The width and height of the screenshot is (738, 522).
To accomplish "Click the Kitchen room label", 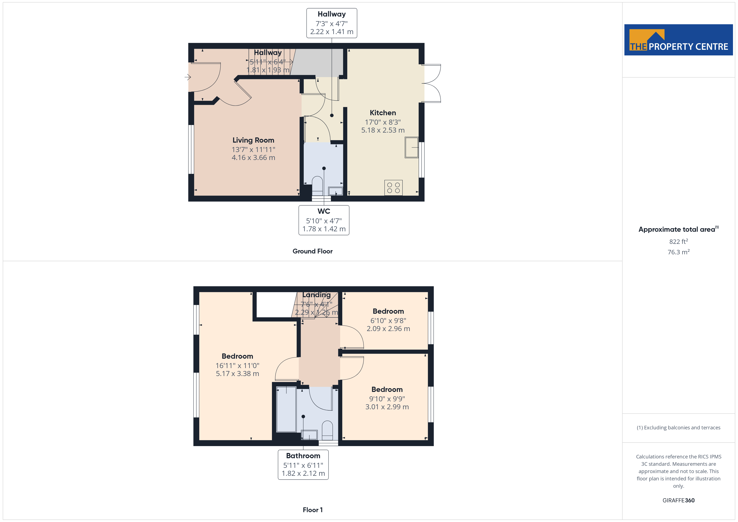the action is pyautogui.click(x=383, y=113).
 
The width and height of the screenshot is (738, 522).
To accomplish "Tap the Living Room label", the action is pyautogui.click(x=253, y=140).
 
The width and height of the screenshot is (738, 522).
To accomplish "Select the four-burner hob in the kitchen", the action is pyautogui.click(x=393, y=188).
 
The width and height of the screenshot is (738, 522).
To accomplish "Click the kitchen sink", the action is pyautogui.click(x=411, y=147).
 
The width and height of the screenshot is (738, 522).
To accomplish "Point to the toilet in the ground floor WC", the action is pyautogui.click(x=317, y=186).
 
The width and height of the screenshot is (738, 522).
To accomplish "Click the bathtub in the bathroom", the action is pyautogui.click(x=286, y=409).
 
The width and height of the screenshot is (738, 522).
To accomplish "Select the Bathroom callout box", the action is pyautogui.click(x=303, y=465).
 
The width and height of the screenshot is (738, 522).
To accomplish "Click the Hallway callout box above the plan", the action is pyautogui.click(x=332, y=23).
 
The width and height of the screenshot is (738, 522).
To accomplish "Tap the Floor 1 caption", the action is pyautogui.click(x=313, y=510).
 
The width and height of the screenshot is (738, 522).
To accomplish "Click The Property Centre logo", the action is pyautogui.click(x=679, y=40).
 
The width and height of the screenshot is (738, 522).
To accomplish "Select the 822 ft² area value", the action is pyautogui.click(x=679, y=241).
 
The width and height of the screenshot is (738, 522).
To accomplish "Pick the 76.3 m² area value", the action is pyautogui.click(x=679, y=252).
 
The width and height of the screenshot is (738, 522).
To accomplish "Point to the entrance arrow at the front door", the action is pyautogui.click(x=188, y=77).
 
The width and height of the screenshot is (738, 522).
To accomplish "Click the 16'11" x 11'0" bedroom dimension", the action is pyautogui.click(x=237, y=366).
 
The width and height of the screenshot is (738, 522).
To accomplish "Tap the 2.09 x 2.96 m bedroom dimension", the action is pyautogui.click(x=388, y=329).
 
